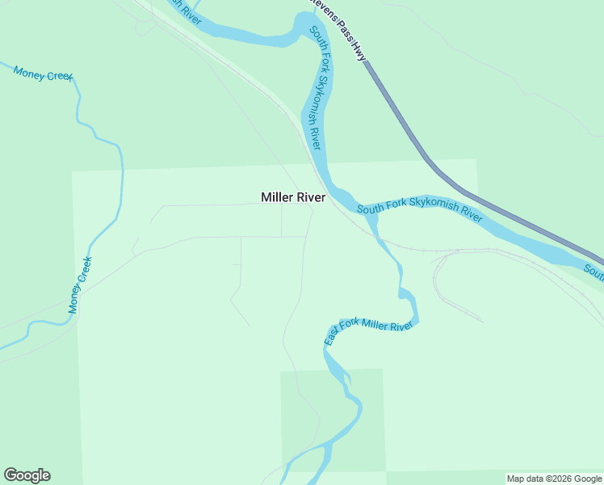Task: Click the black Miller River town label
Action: click(293, 197)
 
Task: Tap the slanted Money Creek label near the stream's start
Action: click(44, 74)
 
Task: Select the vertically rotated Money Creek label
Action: click(80, 285)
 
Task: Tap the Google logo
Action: click(27, 475)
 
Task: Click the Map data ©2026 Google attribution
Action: click(555, 479)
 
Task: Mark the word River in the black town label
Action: click(311, 197)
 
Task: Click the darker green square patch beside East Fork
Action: click(332, 420)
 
